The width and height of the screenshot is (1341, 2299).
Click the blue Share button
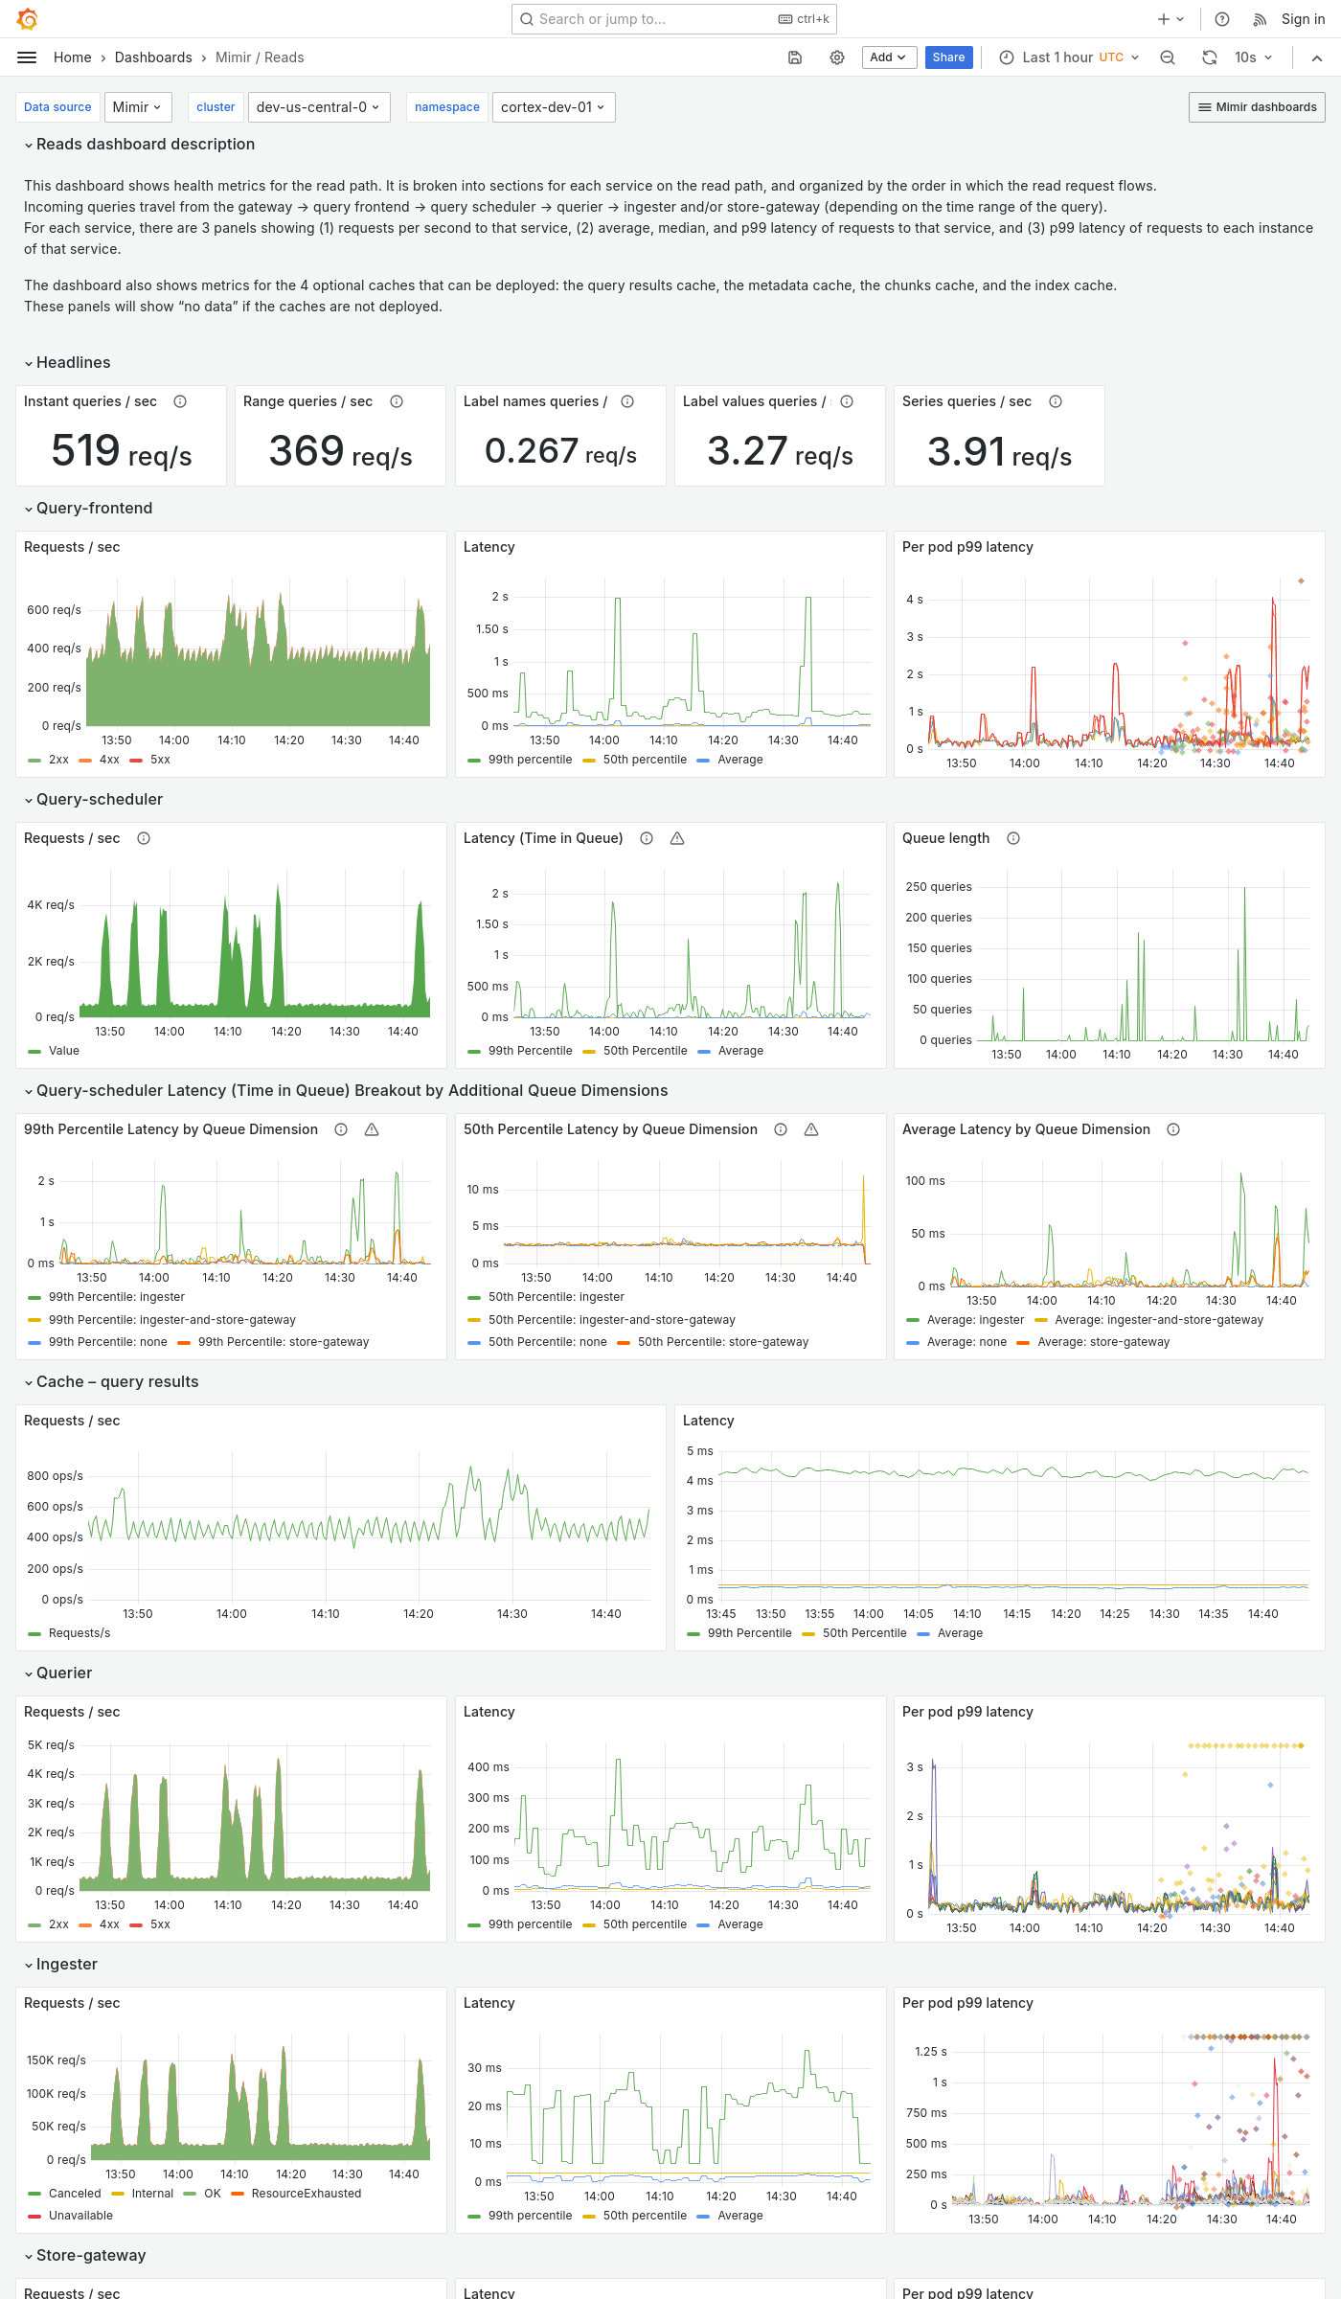948,57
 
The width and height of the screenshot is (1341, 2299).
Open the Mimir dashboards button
1257,107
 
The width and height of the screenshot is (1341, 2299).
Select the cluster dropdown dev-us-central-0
317,107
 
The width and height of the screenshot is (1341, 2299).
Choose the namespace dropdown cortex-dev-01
553,107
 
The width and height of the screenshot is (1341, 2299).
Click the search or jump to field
661,19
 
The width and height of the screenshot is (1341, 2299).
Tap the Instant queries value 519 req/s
122,451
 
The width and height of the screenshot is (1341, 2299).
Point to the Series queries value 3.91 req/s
999,452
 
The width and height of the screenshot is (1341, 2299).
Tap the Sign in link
1303,19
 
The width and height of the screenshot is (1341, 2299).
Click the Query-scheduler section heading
100,799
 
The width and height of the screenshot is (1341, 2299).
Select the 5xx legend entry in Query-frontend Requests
160,760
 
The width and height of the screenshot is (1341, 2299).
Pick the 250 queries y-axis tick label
938,887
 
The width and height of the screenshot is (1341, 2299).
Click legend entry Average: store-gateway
1102,1342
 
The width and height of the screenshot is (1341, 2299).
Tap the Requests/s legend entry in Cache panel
79,1633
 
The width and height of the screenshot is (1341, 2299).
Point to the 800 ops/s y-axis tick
55,1476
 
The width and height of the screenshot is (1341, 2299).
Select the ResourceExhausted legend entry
306,2194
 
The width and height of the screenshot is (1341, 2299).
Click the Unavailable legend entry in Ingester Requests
80,2216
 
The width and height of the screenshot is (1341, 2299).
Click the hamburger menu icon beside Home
27,57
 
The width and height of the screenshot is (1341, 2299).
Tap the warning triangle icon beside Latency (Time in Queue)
677,838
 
